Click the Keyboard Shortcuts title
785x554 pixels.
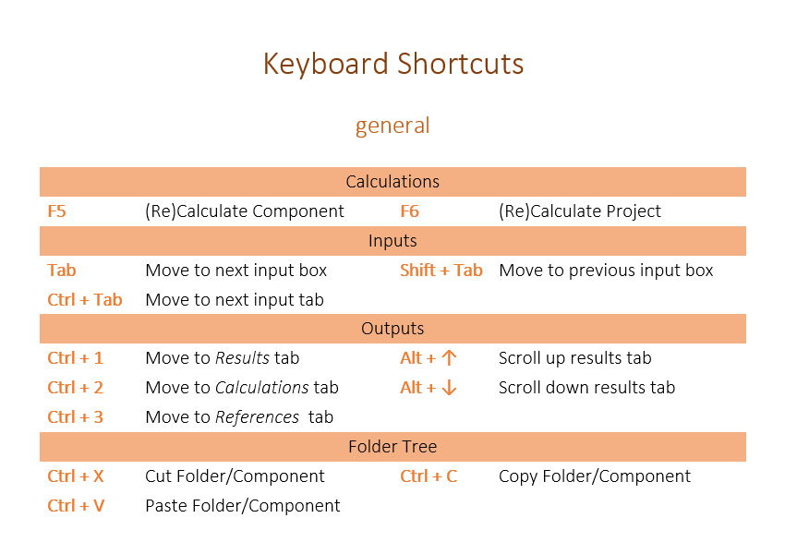pyautogui.click(x=393, y=65)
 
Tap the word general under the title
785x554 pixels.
pyautogui.click(x=392, y=126)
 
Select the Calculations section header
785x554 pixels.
pyautogui.click(x=392, y=181)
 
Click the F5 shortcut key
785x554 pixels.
pyautogui.click(x=56, y=211)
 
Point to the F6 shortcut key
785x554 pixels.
pyautogui.click(x=409, y=211)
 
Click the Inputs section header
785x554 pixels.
pyautogui.click(x=392, y=241)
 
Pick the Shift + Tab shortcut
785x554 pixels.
pyautogui.click(x=441, y=271)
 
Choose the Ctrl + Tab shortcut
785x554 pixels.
pyautogui.click(x=85, y=300)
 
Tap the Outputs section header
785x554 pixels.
pyautogui.click(x=392, y=329)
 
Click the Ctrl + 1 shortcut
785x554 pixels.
pyautogui.click(x=75, y=358)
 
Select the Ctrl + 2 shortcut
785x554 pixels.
pyautogui.click(x=75, y=388)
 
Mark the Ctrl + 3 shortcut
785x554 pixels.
pyautogui.click(x=75, y=417)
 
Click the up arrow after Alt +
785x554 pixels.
pyautogui.click(x=449, y=358)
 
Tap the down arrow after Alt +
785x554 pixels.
pyautogui.click(x=449, y=388)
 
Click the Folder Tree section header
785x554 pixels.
pyautogui.click(x=392, y=446)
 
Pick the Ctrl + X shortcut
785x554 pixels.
pyautogui.click(x=76, y=476)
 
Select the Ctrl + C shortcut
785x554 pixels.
pyautogui.click(x=429, y=476)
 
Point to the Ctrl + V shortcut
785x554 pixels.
pyautogui.click(x=76, y=506)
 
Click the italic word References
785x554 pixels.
pyautogui.click(x=257, y=417)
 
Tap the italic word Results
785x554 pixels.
pyautogui.click(x=242, y=358)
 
